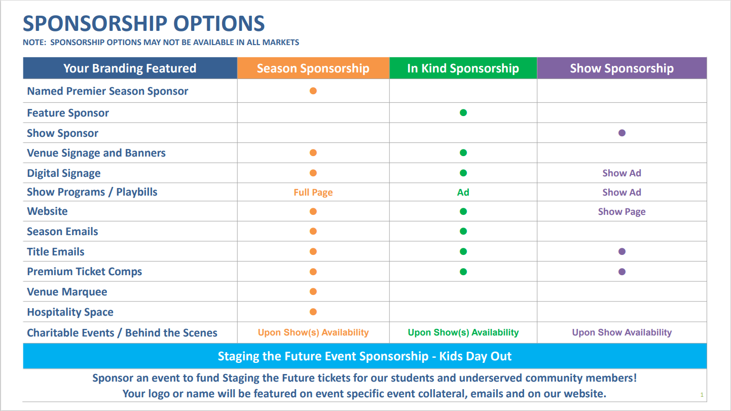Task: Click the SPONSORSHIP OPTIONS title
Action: pos(143,24)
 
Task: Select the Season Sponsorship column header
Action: pos(313,68)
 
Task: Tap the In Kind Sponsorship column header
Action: pos(463,68)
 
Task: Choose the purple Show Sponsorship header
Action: pos(622,68)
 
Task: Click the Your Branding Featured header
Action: pos(130,68)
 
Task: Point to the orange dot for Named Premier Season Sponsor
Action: pos(313,91)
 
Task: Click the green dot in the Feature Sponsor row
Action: pos(463,113)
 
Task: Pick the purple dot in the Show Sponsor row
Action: pos(622,133)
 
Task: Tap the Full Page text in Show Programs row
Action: pos(313,193)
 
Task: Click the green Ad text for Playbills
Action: pos(463,193)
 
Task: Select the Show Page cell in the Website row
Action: pos(622,212)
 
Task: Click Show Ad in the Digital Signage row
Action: pos(622,173)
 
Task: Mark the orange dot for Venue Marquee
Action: pos(313,291)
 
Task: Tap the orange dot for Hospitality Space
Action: pos(313,312)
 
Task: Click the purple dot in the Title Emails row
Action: pos(622,251)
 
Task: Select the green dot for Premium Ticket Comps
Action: pos(463,272)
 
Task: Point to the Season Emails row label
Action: pos(62,232)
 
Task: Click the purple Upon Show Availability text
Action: pos(622,332)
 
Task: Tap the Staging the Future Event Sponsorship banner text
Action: pos(364,356)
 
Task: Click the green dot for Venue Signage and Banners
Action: pos(463,153)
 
